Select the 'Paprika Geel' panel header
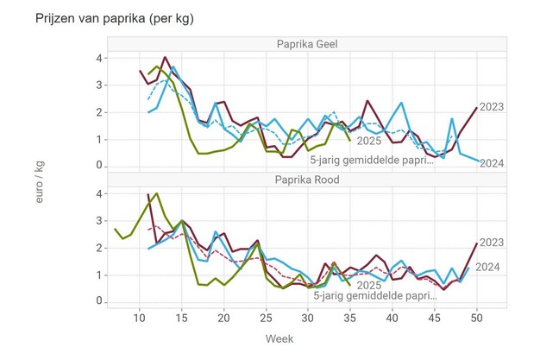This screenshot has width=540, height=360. (307, 45)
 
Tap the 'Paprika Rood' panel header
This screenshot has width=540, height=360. (307, 180)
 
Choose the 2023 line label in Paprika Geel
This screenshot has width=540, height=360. (491, 107)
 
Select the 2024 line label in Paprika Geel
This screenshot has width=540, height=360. (491, 162)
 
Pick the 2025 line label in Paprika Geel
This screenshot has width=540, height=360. (369, 140)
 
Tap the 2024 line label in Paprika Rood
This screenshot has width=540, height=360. (488, 267)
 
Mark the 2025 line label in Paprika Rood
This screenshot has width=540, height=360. (369, 285)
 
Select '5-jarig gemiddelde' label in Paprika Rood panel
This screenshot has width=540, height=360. (376, 296)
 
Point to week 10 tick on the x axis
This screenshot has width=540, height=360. (140, 318)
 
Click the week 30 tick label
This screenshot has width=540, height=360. (308, 318)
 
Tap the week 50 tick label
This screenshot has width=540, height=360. (476, 318)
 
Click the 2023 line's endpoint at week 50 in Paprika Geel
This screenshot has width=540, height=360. (476, 108)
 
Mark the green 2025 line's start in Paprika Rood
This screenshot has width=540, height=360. (116, 230)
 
